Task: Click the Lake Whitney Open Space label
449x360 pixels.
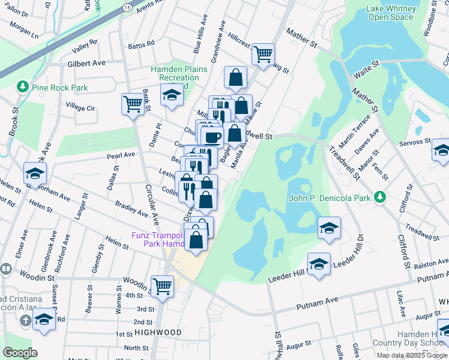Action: click(391, 13)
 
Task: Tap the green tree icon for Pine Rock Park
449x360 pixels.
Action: click(23, 87)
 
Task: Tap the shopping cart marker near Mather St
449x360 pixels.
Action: click(263, 55)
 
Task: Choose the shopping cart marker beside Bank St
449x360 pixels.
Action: click(133, 104)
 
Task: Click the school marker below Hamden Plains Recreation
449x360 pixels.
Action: click(172, 95)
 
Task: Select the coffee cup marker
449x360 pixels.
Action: click(212, 137)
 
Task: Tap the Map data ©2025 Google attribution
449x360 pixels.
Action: click(412, 355)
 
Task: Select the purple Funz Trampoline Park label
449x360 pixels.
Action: click(157, 240)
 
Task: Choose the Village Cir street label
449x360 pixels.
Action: click(80, 107)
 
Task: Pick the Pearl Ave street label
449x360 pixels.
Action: click(121, 155)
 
